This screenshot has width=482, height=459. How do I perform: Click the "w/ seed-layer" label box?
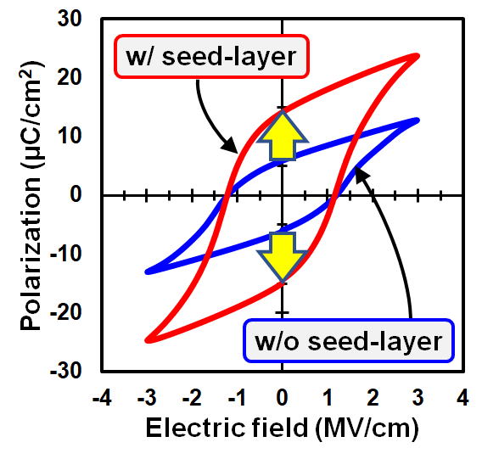point(211,56)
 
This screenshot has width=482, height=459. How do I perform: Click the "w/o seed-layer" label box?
point(349,340)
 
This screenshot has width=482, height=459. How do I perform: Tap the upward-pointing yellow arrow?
point(283,135)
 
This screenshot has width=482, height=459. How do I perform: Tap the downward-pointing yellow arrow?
point(283,257)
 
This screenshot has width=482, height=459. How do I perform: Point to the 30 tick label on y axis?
point(70,19)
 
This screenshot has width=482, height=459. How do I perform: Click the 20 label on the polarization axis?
point(70,77)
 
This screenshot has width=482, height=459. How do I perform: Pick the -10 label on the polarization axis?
point(66,253)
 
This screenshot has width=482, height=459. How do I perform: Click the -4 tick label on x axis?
point(102,398)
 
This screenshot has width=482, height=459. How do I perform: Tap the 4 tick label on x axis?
point(462,398)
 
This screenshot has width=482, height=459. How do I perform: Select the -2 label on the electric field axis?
point(192,398)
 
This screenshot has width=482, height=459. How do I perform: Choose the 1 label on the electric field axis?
point(328,398)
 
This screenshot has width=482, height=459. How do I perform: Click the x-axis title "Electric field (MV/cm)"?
point(283,428)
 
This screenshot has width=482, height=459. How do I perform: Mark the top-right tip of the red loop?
point(418,56)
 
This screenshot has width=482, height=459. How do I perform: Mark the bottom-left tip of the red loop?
point(148,340)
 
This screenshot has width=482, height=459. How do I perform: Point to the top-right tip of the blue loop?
point(418,120)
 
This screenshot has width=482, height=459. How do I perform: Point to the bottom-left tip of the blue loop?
point(148,271)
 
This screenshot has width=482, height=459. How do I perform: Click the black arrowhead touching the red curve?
point(231,146)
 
